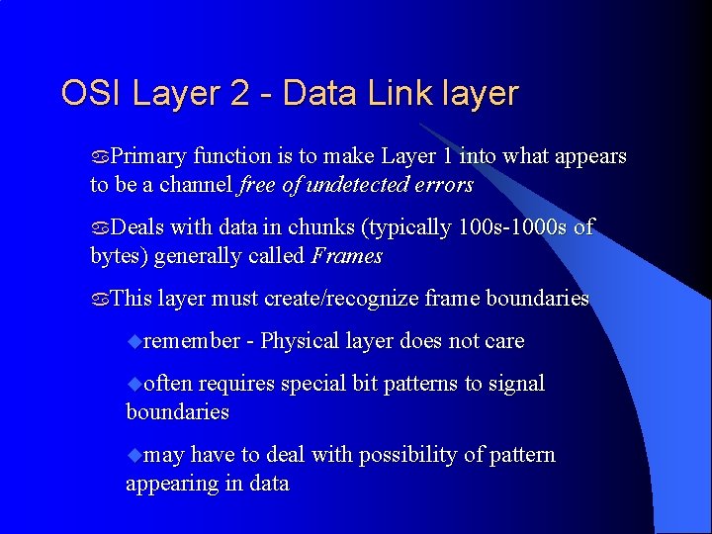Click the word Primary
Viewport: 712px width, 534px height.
(x=148, y=156)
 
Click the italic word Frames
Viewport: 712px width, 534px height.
(x=346, y=256)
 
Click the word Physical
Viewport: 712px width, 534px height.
(x=300, y=341)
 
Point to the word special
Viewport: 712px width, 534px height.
(x=314, y=384)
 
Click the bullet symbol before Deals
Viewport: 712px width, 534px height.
(x=100, y=228)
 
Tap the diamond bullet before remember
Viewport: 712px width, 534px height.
(x=134, y=342)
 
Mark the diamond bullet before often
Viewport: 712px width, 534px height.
(x=134, y=385)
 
